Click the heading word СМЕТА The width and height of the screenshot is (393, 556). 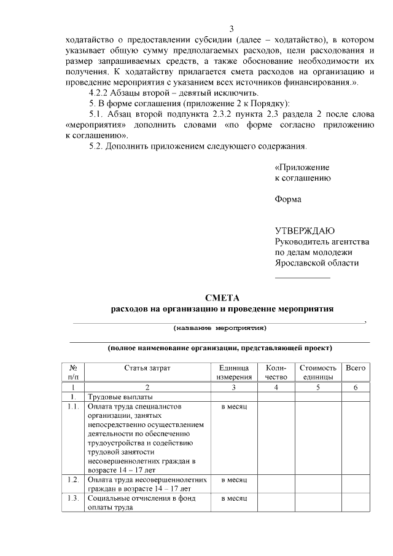tap(222, 297)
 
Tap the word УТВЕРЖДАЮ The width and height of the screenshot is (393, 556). tap(304, 231)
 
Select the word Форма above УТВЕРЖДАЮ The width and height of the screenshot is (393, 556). tap(287, 199)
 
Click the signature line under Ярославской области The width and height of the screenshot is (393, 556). tap(302, 278)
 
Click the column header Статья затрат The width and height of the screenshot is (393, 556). tap(147, 367)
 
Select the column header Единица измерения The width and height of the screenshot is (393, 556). tap(234, 372)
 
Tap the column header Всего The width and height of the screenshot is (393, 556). tap(356, 367)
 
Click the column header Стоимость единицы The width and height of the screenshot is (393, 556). tap(318, 372)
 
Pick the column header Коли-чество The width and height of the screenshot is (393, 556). tap(276, 372)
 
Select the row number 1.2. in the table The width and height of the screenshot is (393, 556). tap(73, 480)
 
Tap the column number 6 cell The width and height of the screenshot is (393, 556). tap(356, 387)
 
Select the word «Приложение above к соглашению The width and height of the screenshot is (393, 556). tap(302, 167)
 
